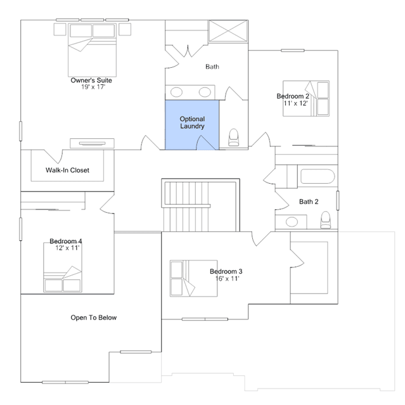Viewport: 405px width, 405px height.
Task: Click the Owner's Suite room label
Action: click(91, 80)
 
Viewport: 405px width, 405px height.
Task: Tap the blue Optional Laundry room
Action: click(192, 125)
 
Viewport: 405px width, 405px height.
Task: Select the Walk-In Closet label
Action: click(67, 170)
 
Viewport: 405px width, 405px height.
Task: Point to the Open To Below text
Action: click(94, 318)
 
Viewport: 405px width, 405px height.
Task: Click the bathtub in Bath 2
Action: click(318, 176)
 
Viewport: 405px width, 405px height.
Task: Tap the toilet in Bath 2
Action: click(325, 220)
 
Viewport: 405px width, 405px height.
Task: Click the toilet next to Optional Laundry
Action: click(233, 138)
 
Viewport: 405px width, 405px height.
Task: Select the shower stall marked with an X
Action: click(228, 31)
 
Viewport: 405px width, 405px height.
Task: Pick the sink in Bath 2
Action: click(292, 222)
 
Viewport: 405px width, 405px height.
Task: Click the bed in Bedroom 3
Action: click(193, 278)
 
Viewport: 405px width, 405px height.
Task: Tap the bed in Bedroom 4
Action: click(63, 267)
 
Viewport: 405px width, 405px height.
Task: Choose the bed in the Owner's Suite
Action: click(92, 50)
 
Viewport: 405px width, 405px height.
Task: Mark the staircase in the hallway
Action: click(200, 205)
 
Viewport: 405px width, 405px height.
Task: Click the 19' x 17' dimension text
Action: click(93, 87)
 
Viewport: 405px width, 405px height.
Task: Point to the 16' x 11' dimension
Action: click(228, 279)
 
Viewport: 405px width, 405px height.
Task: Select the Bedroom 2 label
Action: click(293, 96)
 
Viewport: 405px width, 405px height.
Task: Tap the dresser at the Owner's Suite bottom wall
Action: click(92, 143)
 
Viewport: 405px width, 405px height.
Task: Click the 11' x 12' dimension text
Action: click(295, 103)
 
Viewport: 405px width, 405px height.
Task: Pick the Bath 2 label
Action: click(309, 202)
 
